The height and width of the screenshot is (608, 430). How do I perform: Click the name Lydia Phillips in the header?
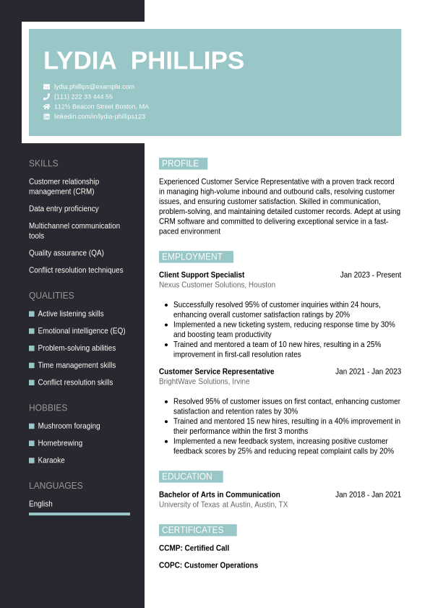[144, 61]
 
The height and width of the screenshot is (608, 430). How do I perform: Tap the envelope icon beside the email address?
[47, 87]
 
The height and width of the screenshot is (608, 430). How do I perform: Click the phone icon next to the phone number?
[47, 97]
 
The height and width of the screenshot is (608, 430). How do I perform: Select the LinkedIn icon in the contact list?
[47, 116]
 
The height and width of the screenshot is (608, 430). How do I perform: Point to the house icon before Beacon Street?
[47, 106]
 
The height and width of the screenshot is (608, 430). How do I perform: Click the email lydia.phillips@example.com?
[94, 87]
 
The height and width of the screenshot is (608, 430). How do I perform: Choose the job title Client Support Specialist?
[202, 275]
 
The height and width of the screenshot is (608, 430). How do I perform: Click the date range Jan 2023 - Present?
[370, 275]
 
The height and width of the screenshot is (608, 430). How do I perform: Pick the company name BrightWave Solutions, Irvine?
[205, 382]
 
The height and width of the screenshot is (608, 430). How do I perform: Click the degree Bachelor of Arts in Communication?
[220, 494]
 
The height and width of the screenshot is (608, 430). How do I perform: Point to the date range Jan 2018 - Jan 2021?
[368, 494]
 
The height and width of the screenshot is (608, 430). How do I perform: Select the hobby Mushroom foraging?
[69, 426]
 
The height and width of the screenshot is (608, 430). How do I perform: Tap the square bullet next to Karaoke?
[32, 461]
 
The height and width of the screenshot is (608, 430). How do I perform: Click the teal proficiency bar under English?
[79, 514]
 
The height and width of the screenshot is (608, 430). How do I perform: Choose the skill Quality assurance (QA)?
[66, 253]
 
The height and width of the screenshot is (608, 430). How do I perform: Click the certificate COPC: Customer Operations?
[208, 565]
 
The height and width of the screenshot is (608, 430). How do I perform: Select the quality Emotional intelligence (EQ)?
[81, 331]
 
